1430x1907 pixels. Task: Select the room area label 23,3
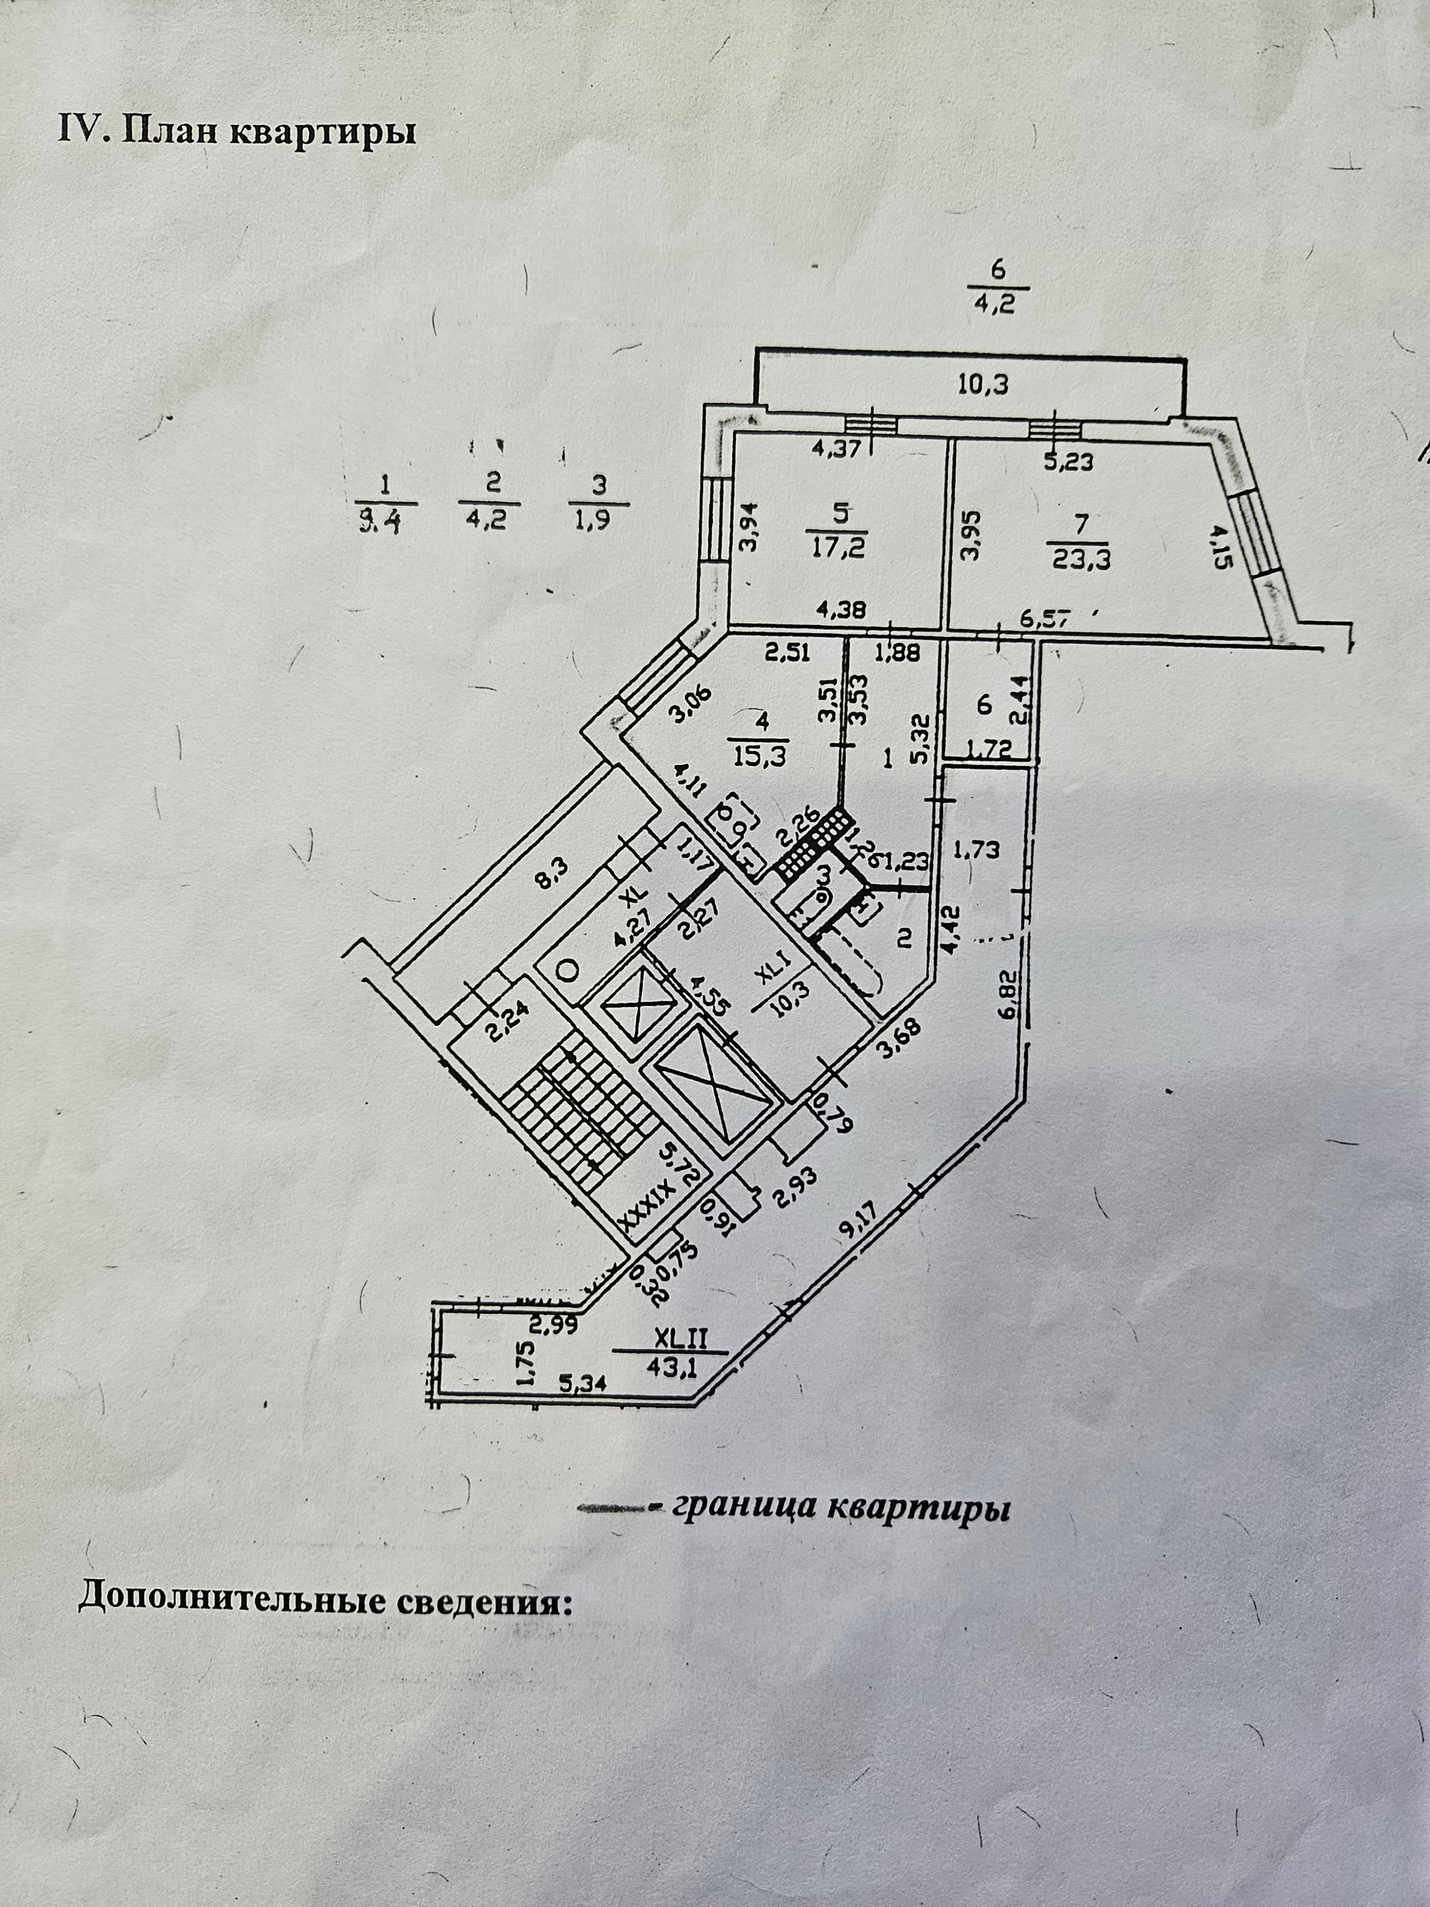tap(1081, 559)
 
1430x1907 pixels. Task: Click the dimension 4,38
tap(839, 609)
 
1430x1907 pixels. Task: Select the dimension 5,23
tap(1068, 461)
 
